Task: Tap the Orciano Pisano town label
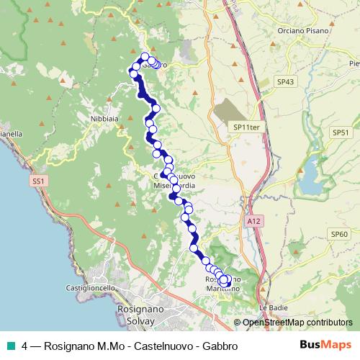tap(303, 31)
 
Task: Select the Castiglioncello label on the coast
tap(91, 288)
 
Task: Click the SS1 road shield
tap(39, 181)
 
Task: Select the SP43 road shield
tap(287, 83)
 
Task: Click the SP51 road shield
tap(340, 132)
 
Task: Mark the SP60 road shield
tap(339, 234)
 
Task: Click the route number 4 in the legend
tap(25, 345)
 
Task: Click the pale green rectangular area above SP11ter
tap(230, 111)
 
